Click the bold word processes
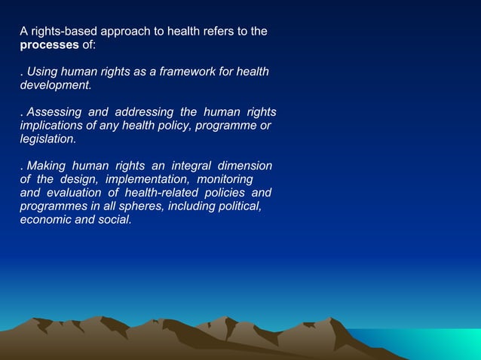pyautogui.click(x=49, y=45)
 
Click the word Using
pyautogui.click(x=42, y=72)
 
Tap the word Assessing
pyautogui.click(x=54, y=113)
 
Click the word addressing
pyautogui.click(x=139, y=113)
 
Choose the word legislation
pyautogui.click(x=47, y=139)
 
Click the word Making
pyautogui.click(x=45, y=166)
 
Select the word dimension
pyautogui.click(x=245, y=166)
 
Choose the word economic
pyautogui.click(x=47, y=220)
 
